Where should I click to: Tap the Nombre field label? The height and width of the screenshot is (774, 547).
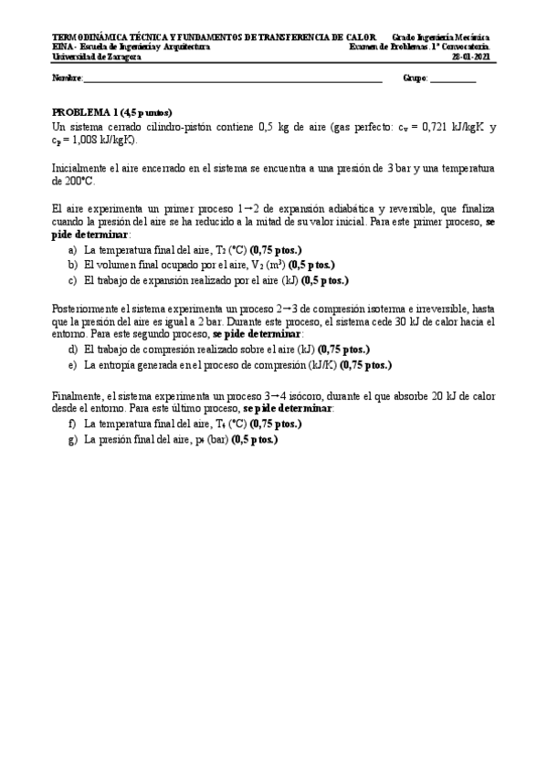coord(68,78)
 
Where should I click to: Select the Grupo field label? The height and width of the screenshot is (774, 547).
coord(415,78)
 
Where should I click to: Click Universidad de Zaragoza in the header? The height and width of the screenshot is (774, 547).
coord(90,56)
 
